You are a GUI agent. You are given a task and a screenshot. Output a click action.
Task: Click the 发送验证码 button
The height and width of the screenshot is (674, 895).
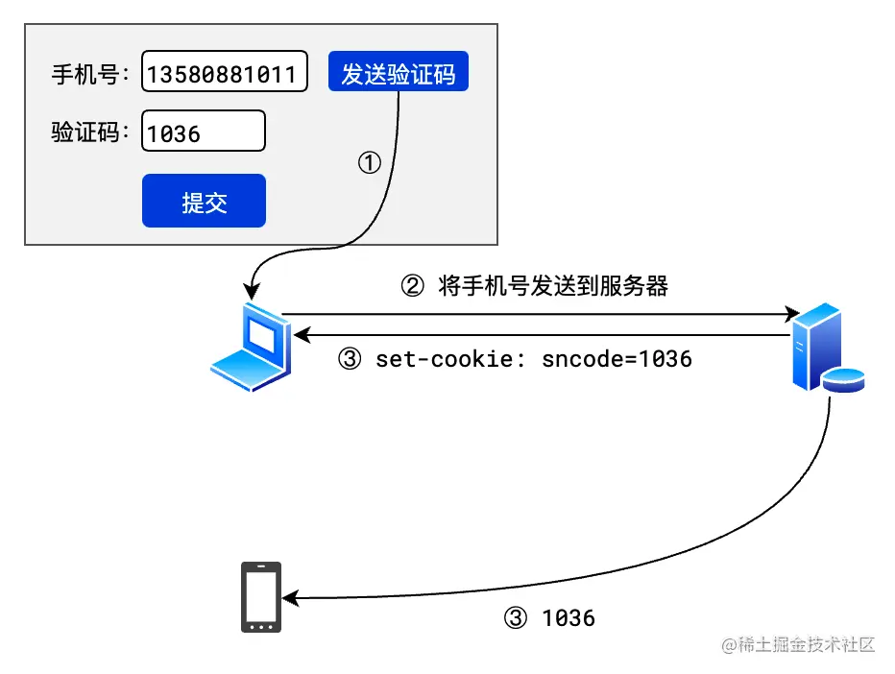pyautogui.click(x=398, y=72)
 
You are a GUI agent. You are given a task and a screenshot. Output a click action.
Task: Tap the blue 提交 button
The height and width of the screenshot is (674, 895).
pyautogui.click(x=204, y=201)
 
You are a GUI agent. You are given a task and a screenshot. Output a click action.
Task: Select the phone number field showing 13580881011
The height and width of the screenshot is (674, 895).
pyautogui.click(x=225, y=72)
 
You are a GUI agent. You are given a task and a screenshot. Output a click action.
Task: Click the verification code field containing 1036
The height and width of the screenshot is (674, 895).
pyautogui.click(x=203, y=132)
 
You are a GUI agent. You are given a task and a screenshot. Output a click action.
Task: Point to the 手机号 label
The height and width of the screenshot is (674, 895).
pyautogui.click(x=89, y=74)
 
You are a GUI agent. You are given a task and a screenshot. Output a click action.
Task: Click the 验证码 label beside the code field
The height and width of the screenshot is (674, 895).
pyautogui.click(x=89, y=132)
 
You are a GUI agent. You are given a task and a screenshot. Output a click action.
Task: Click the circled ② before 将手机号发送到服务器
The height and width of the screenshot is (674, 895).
pyautogui.click(x=411, y=285)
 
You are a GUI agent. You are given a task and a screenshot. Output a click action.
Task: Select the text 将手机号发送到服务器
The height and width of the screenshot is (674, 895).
pyautogui.click(x=553, y=285)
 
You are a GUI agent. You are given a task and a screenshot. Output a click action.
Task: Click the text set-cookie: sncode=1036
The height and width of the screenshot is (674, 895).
pyautogui.click(x=534, y=359)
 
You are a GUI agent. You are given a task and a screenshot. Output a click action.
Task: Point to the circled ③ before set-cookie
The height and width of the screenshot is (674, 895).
pyautogui.click(x=350, y=359)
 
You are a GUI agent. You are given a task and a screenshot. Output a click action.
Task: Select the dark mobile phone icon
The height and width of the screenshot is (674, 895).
pyautogui.click(x=260, y=597)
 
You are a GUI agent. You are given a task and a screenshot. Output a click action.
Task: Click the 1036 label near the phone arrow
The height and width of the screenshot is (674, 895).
pyautogui.click(x=568, y=618)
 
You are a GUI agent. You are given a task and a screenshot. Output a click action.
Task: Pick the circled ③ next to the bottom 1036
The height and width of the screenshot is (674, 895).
pyautogui.click(x=515, y=618)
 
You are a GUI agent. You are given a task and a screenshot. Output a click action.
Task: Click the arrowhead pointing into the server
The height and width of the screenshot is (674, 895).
pyautogui.click(x=793, y=313)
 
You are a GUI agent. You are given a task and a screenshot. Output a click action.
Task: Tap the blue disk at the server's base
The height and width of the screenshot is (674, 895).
pyautogui.click(x=843, y=380)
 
